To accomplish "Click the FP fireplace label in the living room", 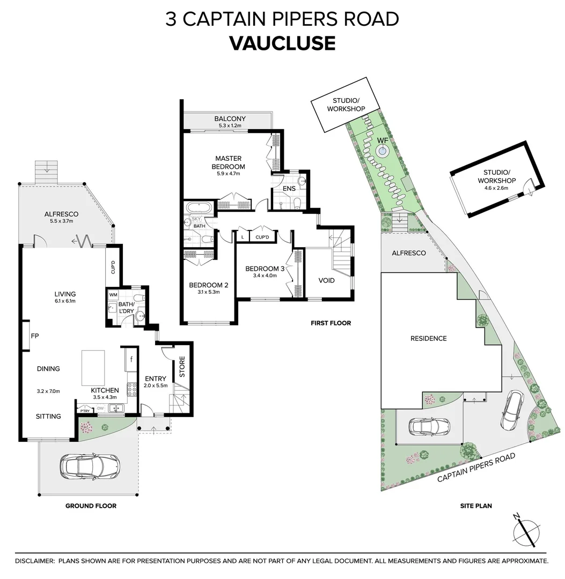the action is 35,336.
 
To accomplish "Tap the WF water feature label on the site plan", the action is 382,140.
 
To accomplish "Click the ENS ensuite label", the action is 290,189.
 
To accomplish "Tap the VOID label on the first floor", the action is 326,280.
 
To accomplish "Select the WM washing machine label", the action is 113,295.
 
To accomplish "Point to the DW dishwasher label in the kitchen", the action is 100,409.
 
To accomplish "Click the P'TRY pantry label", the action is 84,411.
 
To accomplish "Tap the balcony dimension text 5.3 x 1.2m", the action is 230,125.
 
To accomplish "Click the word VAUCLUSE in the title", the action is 282,43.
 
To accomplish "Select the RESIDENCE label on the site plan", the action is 428,338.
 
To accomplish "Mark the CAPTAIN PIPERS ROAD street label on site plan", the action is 475,467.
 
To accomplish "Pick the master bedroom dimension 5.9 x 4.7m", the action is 228,173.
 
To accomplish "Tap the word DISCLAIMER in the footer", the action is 34,561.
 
